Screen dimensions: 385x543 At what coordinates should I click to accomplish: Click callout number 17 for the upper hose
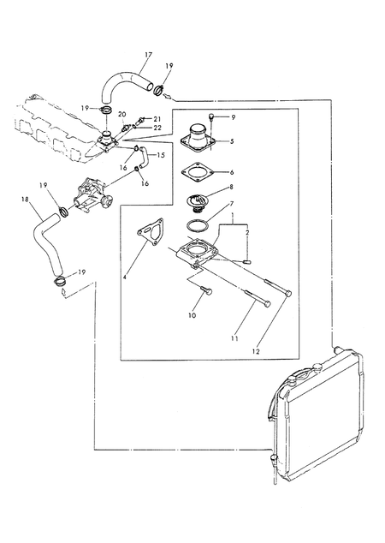(148, 55)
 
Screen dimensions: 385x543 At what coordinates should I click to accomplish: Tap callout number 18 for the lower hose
(25, 199)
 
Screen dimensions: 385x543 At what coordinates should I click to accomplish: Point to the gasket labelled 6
(196, 172)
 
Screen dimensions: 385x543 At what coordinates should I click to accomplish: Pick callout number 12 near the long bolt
(256, 351)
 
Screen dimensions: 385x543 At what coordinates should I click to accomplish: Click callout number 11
(235, 338)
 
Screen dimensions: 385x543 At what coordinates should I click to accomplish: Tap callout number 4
(125, 277)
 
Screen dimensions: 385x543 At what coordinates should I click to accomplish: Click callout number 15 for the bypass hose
(161, 155)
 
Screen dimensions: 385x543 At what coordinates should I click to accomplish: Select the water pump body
(92, 199)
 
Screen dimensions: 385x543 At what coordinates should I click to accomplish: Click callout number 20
(121, 114)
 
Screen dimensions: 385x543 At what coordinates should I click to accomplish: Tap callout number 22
(157, 128)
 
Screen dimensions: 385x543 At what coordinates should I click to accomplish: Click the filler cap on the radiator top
(317, 367)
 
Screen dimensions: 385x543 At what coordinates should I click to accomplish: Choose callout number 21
(157, 119)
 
